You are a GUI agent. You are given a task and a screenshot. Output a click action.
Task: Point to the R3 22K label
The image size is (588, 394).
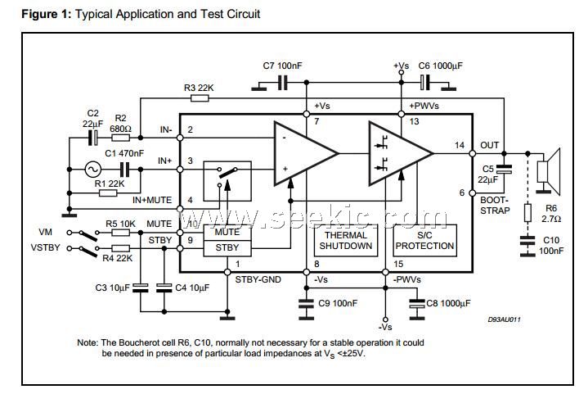200,87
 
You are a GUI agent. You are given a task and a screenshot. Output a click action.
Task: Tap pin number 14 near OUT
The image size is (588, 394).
460,144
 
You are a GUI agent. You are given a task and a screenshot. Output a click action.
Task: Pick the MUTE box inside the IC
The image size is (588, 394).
227,232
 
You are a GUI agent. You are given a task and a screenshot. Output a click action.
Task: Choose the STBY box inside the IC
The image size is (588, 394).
227,247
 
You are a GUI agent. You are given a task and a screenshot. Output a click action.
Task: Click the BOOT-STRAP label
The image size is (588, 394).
496,205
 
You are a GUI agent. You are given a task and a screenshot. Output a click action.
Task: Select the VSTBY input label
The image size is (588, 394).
46,247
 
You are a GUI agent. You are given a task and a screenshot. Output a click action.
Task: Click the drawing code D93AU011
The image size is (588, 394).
505,319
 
